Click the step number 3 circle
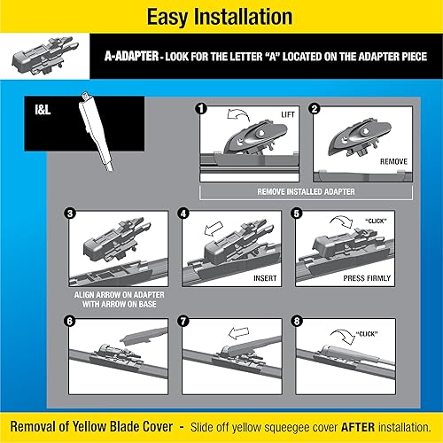tap(69, 214)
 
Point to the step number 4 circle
tap(184, 214)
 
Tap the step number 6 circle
tap(69, 321)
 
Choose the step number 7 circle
tap(184, 321)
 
